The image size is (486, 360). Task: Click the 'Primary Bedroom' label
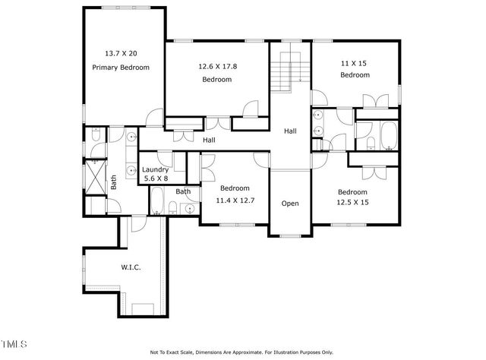[121, 68]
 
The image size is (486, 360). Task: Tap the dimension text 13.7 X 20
[121, 54]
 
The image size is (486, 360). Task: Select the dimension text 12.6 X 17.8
[217, 66]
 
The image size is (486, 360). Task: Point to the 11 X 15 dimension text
[355, 62]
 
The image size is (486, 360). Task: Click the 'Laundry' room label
[156, 169]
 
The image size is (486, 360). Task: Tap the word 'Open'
[290, 204]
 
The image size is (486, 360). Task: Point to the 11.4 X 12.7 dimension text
[235, 200]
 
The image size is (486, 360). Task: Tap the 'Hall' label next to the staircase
[290, 131]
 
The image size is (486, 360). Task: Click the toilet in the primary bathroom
[96, 136]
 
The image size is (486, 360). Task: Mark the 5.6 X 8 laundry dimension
[156, 179]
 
